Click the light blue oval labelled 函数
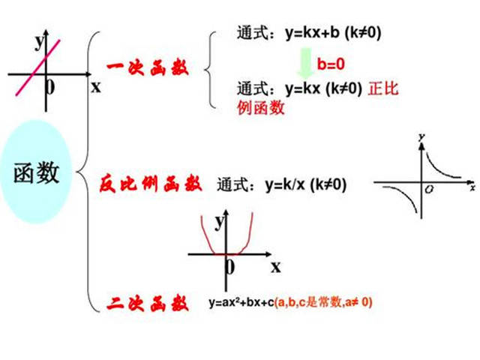tap(36, 172)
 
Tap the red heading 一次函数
tap(148, 68)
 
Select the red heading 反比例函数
tap(151, 184)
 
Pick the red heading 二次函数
tap(148, 303)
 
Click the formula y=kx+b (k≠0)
tap(333, 33)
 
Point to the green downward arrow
tap(305, 62)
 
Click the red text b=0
tap(331, 64)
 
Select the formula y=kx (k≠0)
tap(323, 89)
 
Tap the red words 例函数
tap(261, 107)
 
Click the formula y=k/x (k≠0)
tap(306, 184)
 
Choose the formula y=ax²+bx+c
tap(241, 302)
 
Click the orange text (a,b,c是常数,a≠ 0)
tap(323, 302)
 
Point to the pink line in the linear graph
tap(38, 67)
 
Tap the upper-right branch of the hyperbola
tap(441, 166)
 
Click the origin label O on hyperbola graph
tap(430, 190)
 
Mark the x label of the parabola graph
tap(276, 267)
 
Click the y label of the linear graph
tap(39, 42)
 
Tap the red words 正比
tap(383, 88)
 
